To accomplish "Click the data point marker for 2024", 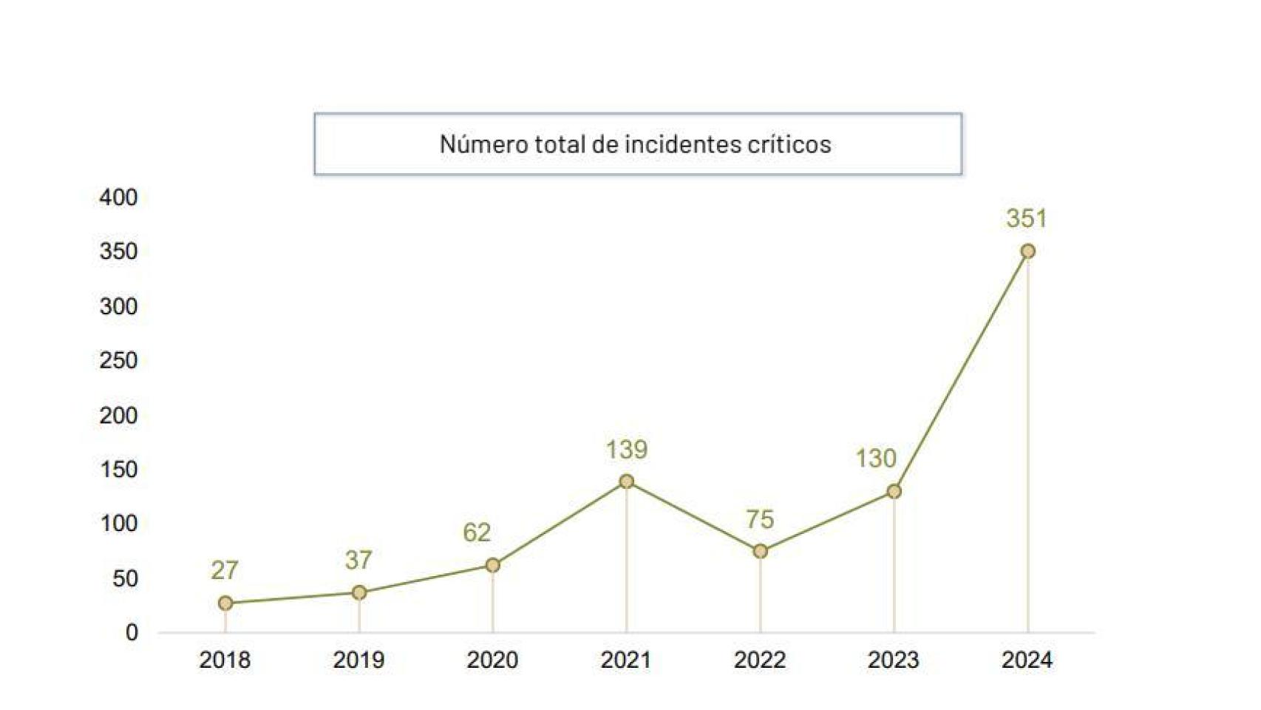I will (1027, 251).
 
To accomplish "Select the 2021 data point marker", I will (626, 481).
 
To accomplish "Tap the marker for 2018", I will (225, 603).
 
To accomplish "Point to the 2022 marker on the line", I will (760, 551).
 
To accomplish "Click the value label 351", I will (1027, 219).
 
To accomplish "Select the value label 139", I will (627, 450).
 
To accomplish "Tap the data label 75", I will (760, 520).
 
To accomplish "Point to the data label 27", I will (225, 570).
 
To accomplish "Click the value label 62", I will (477, 532).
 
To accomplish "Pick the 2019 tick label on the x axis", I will (358, 660).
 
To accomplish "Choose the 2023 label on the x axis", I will (893, 660).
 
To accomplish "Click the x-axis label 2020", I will (492, 660).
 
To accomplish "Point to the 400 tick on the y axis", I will (119, 197).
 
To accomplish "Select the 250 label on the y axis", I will (119, 361).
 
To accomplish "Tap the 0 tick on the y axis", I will (132, 632).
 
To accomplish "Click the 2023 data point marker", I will (894, 491).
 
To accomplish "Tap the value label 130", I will (876, 459).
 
